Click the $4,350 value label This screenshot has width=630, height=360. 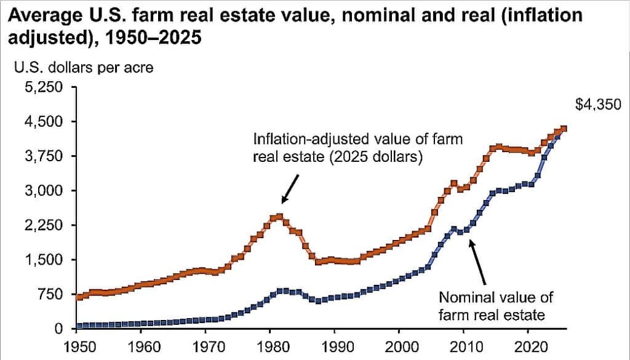coord(596,105)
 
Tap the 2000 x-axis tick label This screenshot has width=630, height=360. coord(400,344)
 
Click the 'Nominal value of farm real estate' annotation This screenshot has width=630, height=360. coord(495,306)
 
